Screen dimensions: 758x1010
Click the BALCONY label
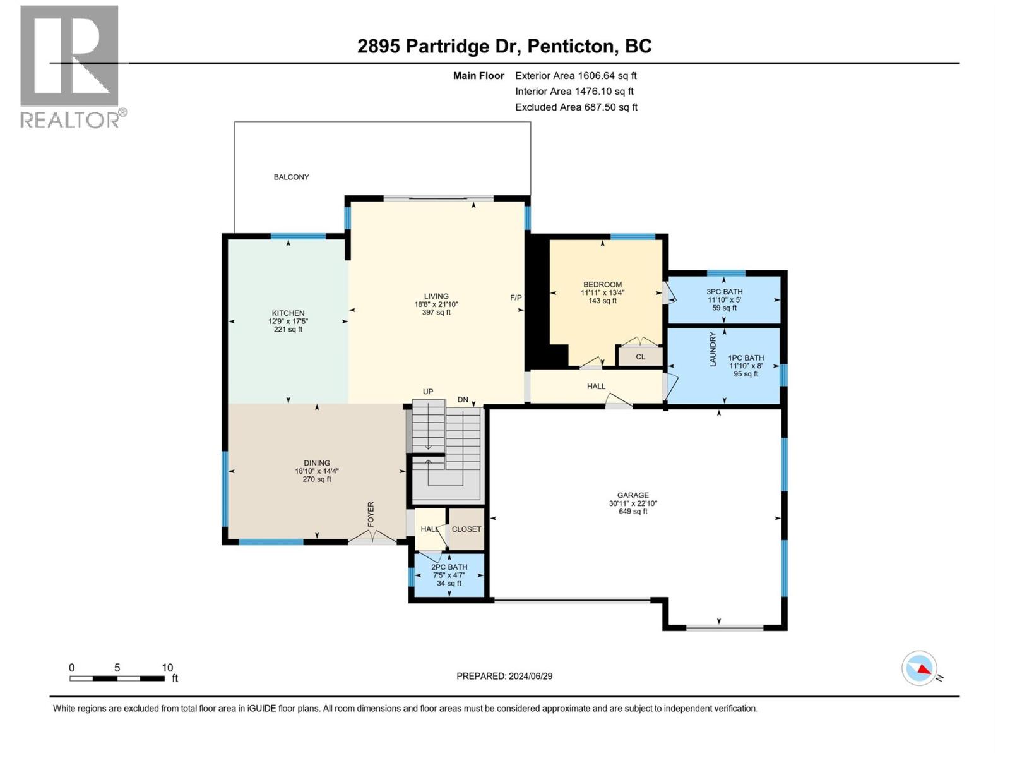tap(291, 177)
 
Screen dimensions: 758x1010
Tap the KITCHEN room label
tap(288, 313)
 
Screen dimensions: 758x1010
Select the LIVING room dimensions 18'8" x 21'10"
tap(436, 304)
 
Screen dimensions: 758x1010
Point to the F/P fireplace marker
tap(516, 298)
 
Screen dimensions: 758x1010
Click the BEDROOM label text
tap(602, 284)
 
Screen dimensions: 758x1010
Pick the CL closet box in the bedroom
tap(640, 357)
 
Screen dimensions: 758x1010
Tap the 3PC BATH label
tap(724, 292)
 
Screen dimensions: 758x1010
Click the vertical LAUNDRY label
tap(713, 349)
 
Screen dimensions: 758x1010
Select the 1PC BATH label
tap(746, 358)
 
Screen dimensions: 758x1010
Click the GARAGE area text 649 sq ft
tap(633, 512)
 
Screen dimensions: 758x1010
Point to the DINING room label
tap(316, 463)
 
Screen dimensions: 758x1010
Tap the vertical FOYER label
tap(371, 515)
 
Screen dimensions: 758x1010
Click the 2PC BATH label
tap(449, 567)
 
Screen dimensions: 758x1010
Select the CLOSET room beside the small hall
tap(466, 529)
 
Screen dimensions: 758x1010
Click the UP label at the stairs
tap(428, 392)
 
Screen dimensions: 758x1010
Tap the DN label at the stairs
tap(463, 400)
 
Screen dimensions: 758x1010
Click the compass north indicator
tap(920, 668)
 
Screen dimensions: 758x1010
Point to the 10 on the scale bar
tap(167, 668)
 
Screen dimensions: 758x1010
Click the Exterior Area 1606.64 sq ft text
tap(576, 76)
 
